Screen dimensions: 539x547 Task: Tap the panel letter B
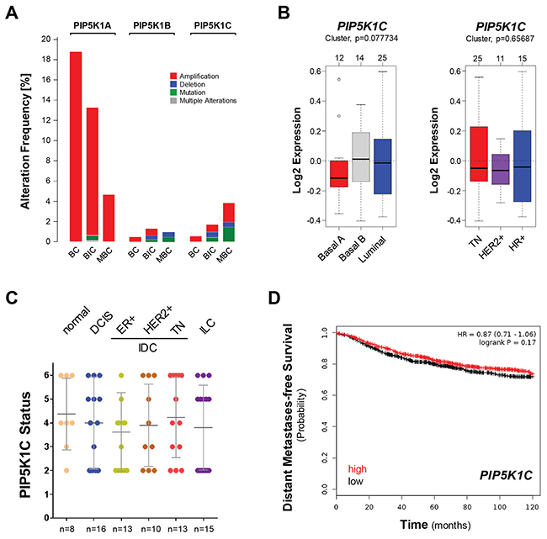(285, 12)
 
